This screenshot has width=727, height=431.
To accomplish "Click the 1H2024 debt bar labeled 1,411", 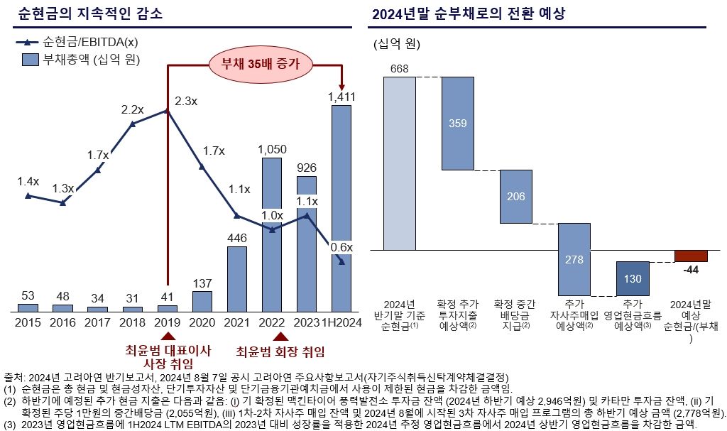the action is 341,208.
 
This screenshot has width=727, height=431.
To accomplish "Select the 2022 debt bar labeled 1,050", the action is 272,235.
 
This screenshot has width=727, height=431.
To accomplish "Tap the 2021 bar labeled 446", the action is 237,279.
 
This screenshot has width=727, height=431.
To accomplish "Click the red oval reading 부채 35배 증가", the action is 261,64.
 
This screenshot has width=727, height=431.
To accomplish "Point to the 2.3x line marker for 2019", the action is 167,111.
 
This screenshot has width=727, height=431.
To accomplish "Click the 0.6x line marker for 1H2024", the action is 341,262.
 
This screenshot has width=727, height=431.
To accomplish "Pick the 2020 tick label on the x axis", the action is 202,322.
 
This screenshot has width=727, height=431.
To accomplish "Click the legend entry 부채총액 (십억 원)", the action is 81,60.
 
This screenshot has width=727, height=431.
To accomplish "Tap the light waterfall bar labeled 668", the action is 400,163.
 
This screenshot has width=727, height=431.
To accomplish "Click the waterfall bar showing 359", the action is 458,124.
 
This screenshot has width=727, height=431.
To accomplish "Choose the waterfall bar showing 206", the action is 516,197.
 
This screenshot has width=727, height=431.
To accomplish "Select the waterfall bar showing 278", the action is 574,259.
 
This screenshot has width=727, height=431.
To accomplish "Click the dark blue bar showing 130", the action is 633,279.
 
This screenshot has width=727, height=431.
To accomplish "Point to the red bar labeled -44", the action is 691,256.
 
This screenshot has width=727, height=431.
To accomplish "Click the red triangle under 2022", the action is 280,337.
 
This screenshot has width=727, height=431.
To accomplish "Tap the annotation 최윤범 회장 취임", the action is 280,352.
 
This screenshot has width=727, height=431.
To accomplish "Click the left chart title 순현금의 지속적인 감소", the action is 90,13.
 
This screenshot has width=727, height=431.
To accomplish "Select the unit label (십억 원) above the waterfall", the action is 397,44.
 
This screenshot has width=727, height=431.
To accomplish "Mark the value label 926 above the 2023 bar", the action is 307,168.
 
